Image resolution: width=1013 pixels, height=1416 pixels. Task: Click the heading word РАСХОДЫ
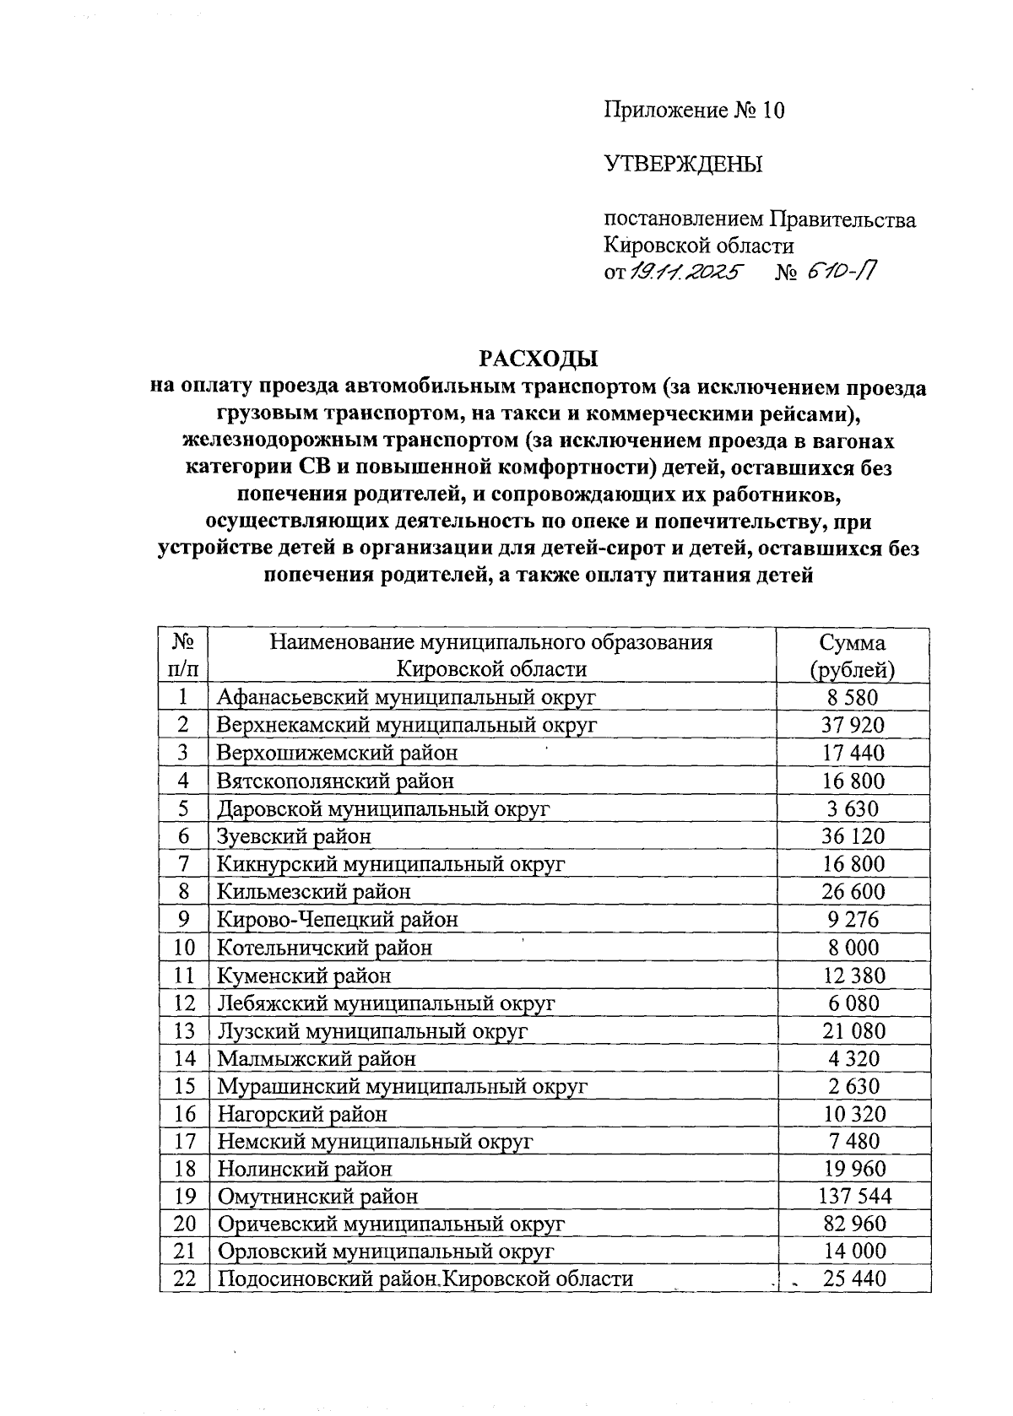[x=539, y=358]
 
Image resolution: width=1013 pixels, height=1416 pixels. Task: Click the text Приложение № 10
[x=694, y=110]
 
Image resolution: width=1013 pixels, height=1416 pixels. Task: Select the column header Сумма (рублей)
[x=853, y=656]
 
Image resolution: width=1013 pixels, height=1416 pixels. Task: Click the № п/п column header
[x=184, y=656]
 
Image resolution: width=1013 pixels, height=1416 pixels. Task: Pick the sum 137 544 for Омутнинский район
[x=854, y=1197]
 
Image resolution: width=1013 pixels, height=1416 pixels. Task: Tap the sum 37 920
[x=853, y=725]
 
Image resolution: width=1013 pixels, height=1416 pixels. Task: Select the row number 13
[x=185, y=1030]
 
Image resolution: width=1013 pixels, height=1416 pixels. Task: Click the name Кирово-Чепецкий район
[x=338, y=919]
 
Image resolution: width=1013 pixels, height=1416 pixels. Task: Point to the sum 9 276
[x=853, y=919]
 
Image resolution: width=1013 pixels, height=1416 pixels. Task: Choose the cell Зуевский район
[x=294, y=836]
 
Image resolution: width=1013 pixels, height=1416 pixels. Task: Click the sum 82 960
[x=854, y=1224]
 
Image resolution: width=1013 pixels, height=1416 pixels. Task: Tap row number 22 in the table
[x=185, y=1279]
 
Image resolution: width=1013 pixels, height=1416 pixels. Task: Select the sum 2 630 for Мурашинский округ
[x=853, y=1086]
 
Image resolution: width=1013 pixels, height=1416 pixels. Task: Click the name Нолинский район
[x=305, y=1169]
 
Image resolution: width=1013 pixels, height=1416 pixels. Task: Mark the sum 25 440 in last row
[x=855, y=1279]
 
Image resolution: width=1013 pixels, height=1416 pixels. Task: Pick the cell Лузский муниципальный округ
[x=372, y=1030]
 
